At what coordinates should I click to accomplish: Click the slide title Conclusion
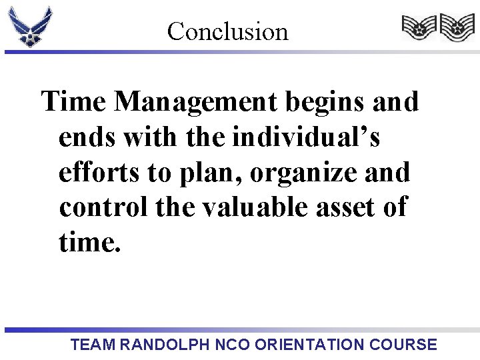[227, 31]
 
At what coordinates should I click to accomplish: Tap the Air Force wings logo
[29, 26]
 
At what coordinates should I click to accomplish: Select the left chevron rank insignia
[419, 28]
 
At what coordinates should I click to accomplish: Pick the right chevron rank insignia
[457, 28]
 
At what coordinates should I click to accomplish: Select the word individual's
[306, 138]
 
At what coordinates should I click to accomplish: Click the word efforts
[100, 173]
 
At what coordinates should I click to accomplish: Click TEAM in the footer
[93, 345]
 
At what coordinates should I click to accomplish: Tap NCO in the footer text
[233, 345]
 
